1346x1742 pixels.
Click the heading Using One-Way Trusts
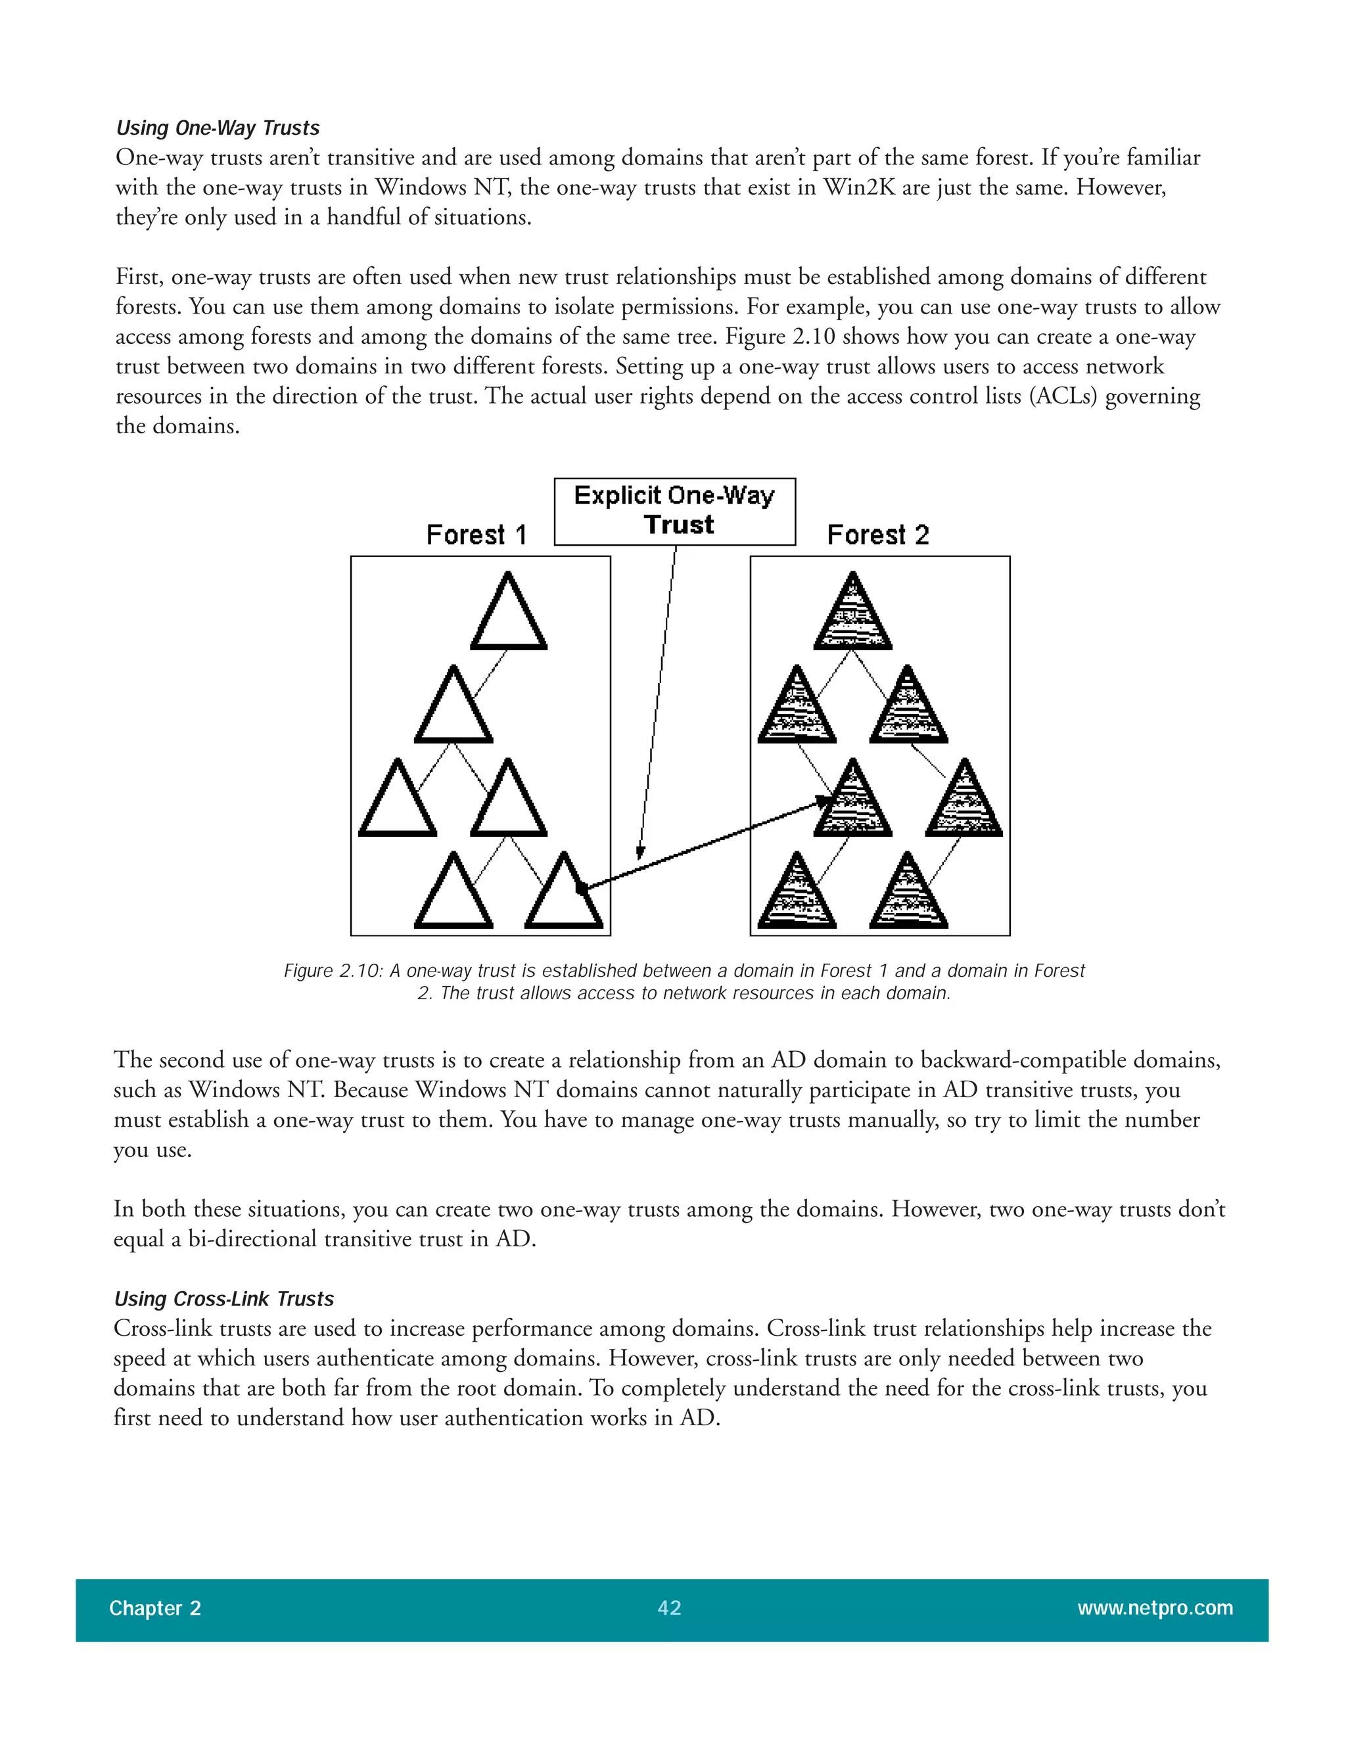(x=218, y=128)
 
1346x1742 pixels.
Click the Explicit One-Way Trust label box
(x=674, y=511)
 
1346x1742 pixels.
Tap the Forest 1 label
(x=476, y=534)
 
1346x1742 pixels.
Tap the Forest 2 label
(x=878, y=534)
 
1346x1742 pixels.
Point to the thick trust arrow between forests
(x=702, y=846)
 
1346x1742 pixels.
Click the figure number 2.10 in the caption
(x=358, y=971)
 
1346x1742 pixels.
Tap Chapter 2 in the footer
(x=154, y=1608)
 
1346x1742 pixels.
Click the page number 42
(x=669, y=1608)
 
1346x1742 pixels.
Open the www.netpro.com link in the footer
(x=1155, y=1608)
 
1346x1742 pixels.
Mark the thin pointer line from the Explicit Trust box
(x=659, y=694)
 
